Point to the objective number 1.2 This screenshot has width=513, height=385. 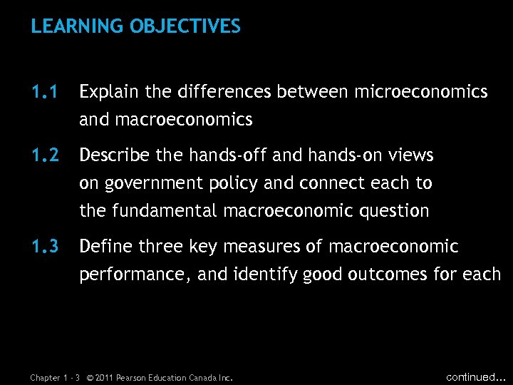click(43, 155)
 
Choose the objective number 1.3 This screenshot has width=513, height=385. click(43, 247)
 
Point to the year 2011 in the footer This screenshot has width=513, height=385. click(103, 378)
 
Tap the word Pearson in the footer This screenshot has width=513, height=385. click(134, 378)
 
